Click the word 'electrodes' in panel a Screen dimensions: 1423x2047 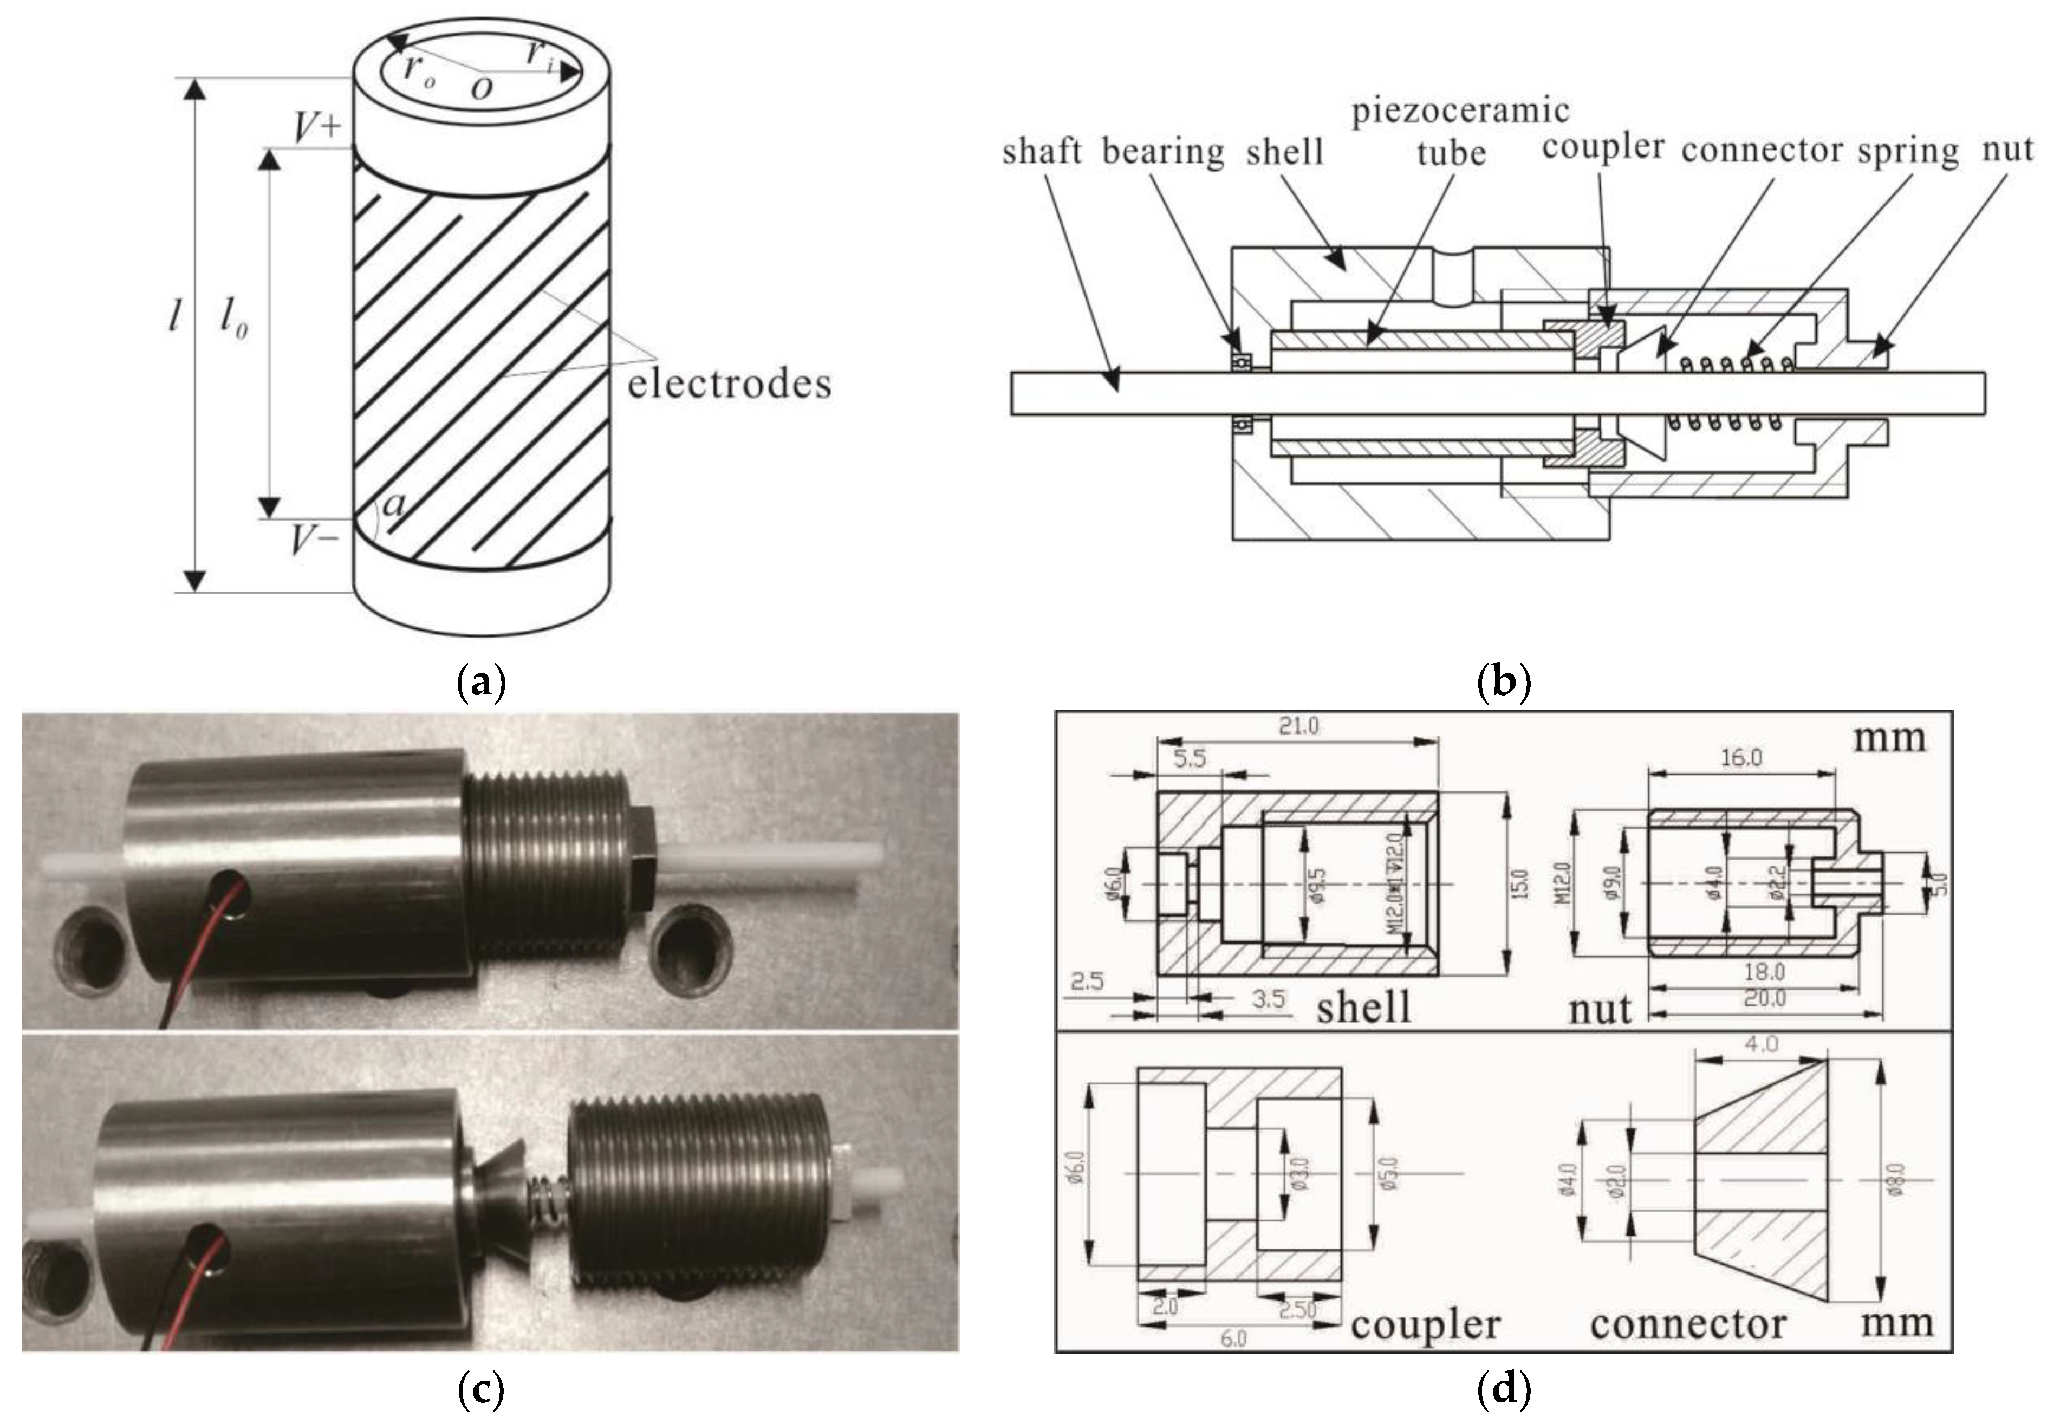tap(729, 384)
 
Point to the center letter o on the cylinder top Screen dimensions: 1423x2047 tap(482, 87)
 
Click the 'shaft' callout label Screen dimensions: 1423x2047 tap(1041, 152)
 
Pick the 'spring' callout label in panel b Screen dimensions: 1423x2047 tap(1908, 152)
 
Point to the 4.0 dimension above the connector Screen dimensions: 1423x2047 tap(1761, 1043)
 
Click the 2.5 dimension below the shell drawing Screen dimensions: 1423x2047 tap(1087, 982)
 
